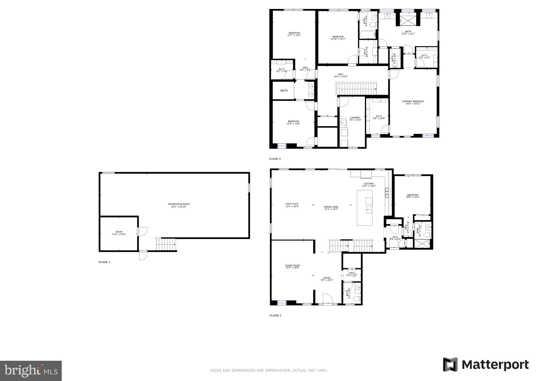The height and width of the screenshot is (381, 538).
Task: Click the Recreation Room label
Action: click(179, 205)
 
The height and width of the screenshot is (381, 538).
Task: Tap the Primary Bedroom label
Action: click(413, 102)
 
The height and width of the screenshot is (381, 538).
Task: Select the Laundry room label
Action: click(355, 119)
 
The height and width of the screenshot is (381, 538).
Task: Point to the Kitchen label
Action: click(369, 185)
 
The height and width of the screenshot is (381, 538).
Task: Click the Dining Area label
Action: click(331, 208)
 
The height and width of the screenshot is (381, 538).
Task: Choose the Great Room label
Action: click(292, 205)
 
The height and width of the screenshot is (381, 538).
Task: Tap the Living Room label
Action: click(292, 267)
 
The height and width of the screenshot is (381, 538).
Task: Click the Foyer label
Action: click(327, 279)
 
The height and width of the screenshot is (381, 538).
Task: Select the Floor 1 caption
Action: click(104, 262)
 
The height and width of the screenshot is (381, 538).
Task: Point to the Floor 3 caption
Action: click(275, 159)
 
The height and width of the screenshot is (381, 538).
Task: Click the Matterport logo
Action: click(486, 365)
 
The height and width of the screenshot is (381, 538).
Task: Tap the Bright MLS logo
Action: click(31, 371)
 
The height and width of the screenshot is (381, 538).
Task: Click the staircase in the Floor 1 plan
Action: click(166, 244)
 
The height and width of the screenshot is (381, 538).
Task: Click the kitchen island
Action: click(365, 208)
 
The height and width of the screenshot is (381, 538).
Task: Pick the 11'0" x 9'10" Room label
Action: click(119, 233)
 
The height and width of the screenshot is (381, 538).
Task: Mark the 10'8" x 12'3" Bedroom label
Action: click(412, 196)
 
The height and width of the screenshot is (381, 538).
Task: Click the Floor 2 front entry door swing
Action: click(328, 299)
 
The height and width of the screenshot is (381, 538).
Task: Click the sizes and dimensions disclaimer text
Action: click(268, 370)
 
